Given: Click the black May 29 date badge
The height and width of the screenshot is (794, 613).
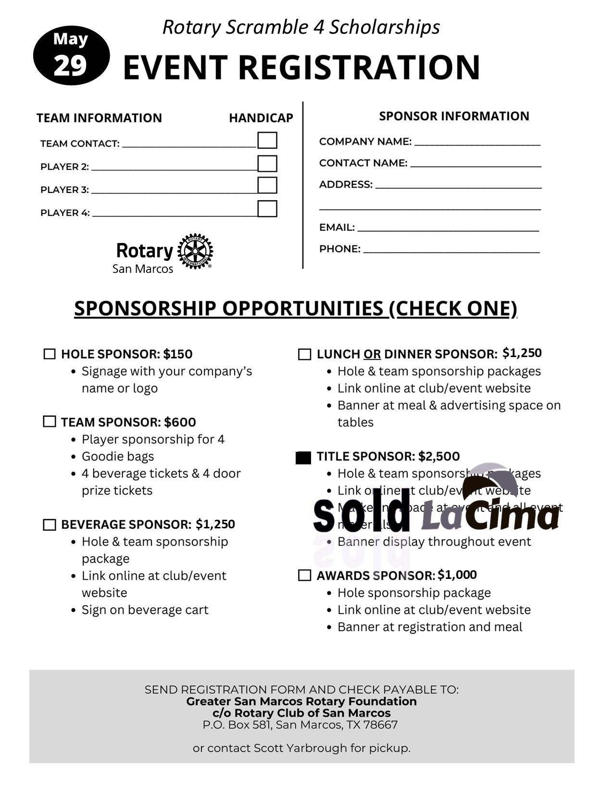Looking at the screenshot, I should (x=71, y=55).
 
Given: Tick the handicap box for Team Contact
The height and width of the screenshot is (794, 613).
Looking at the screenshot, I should (x=267, y=140).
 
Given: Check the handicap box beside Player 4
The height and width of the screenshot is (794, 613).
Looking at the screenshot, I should (x=267, y=209).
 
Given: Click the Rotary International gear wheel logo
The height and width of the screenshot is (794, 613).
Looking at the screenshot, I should (x=195, y=251).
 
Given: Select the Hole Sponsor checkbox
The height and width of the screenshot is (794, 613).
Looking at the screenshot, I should (x=50, y=354).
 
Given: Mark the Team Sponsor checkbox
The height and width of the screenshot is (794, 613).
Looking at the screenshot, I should (x=50, y=422).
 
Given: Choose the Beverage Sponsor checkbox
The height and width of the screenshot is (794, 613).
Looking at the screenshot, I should (x=50, y=525).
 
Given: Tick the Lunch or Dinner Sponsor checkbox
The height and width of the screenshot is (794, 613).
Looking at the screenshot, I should (x=304, y=355).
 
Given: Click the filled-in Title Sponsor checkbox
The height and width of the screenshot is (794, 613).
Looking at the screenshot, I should (x=303, y=458).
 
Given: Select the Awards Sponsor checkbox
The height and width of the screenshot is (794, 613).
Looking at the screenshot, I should (x=304, y=576).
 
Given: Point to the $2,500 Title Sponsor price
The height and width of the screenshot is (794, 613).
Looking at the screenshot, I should (x=438, y=456).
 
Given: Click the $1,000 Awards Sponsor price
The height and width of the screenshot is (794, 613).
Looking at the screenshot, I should (x=457, y=575).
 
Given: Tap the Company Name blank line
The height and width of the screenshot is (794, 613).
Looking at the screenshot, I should (x=477, y=143).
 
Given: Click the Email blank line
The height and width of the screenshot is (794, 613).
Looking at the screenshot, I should (x=448, y=230).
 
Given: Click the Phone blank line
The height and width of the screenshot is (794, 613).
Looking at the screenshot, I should (x=451, y=251).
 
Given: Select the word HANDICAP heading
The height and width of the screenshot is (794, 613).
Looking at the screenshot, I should (x=261, y=118).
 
